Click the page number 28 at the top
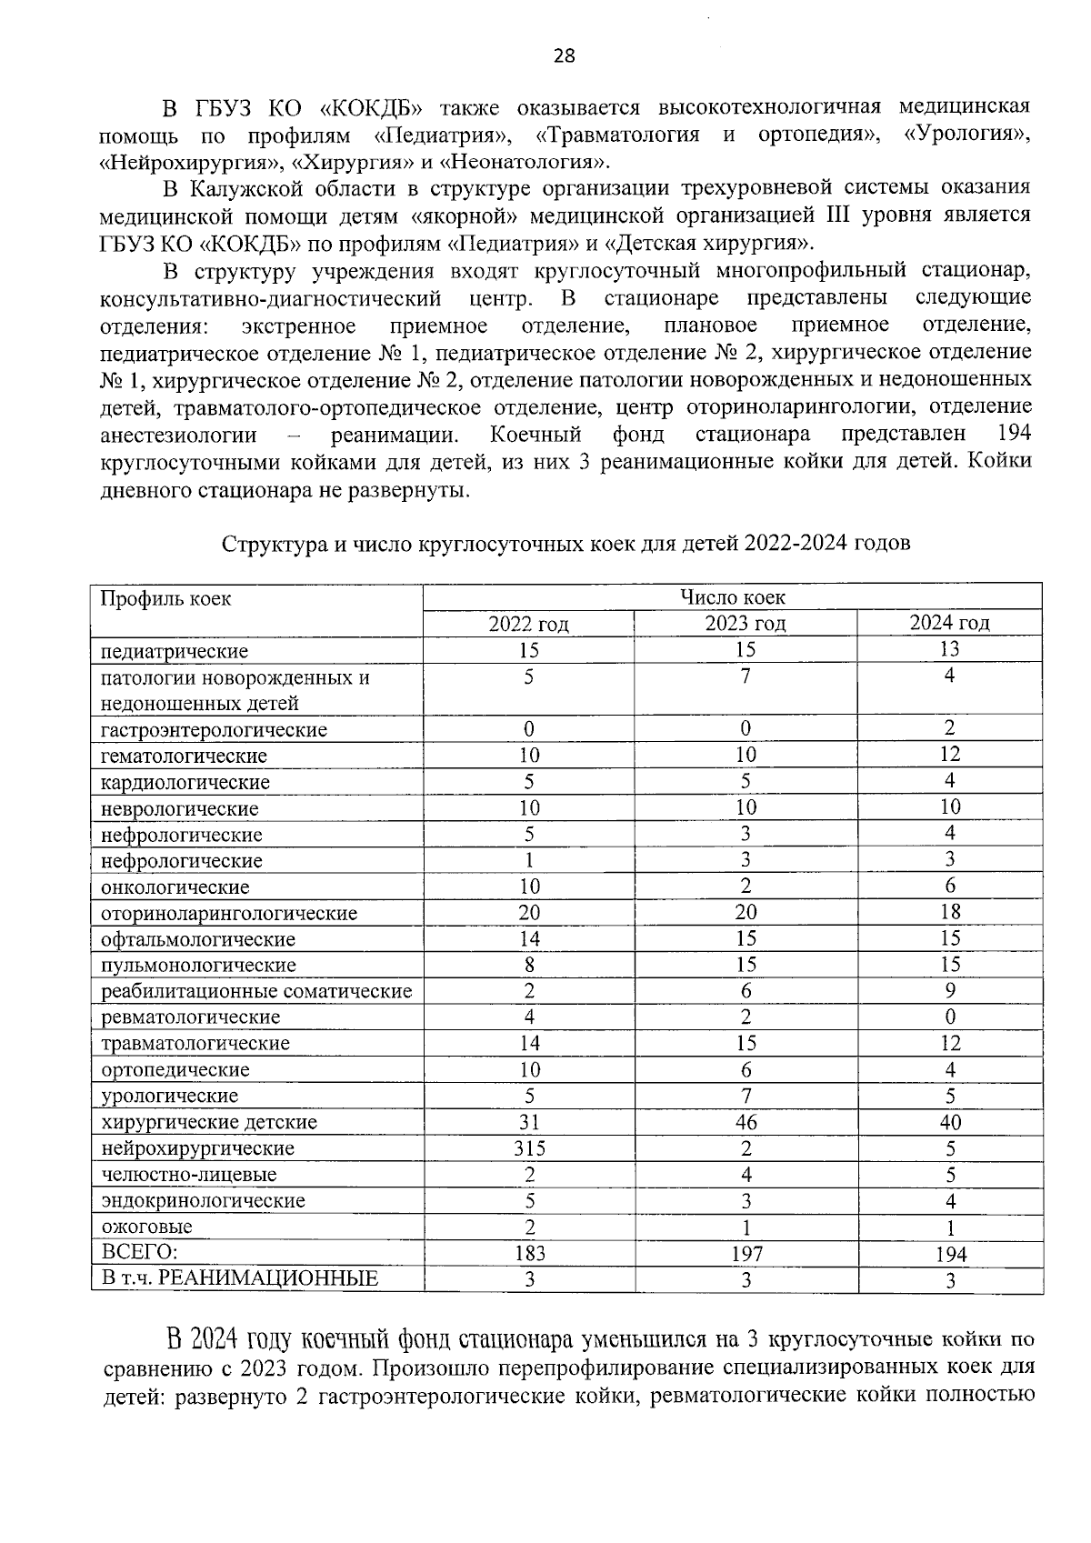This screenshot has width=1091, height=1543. [x=564, y=57]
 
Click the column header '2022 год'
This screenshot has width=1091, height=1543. [x=528, y=624]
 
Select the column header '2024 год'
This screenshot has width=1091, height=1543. [x=949, y=623]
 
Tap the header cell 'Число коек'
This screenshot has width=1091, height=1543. [x=733, y=597]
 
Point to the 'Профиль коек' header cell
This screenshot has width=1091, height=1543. [x=165, y=599]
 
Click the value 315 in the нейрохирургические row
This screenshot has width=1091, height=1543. [x=528, y=1148]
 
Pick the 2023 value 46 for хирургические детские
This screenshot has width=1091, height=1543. [x=746, y=1122]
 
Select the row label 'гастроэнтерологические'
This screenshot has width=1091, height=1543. [x=214, y=730]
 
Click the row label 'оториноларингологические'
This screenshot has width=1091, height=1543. [x=229, y=914]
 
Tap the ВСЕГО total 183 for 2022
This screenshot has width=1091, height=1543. [x=528, y=1253]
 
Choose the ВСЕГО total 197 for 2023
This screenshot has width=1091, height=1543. [x=746, y=1254]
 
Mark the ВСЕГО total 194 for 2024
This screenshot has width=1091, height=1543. [x=949, y=1255]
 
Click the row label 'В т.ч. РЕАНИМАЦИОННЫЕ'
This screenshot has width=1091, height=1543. [x=239, y=1279]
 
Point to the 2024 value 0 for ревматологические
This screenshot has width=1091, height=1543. [x=949, y=1017]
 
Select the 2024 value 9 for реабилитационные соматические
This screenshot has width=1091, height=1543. [x=949, y=990]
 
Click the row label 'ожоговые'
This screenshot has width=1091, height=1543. [x=146, y=1227]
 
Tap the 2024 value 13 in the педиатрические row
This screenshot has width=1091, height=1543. [x=949, y=649]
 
